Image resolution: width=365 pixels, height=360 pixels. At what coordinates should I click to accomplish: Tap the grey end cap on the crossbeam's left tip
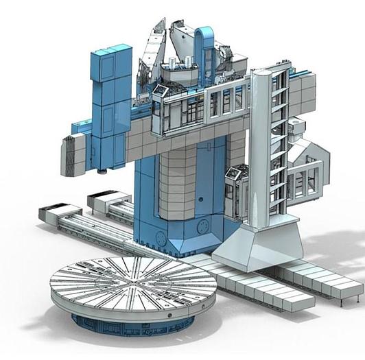coord(73,154)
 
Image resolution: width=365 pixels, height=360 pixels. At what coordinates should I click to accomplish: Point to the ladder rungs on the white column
coord(280,137)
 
